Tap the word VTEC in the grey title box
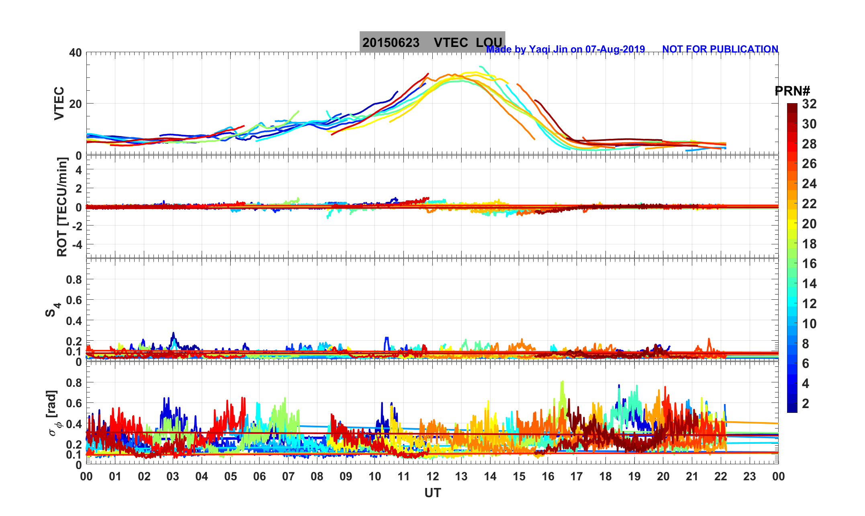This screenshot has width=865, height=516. click(451, 43)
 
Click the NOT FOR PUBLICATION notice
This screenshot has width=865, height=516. click(720, 49)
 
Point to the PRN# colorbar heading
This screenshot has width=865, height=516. click(792, 91)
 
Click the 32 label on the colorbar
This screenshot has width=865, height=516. click(809, 104)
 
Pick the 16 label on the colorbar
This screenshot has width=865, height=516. click(809, 264)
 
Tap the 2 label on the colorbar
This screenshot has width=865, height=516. click(806, 404)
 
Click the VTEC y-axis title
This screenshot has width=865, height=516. click(59, 103)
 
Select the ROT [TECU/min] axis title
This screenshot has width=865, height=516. click(62, 207)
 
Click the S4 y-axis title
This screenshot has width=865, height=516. click(52, 310)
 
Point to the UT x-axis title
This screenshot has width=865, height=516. click(433, 493)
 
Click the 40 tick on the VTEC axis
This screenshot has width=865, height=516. click(75, 53)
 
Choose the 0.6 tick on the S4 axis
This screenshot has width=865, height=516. click(74, 300)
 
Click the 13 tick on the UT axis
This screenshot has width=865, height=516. click(461, 477)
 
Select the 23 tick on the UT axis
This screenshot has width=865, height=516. click(750, 477)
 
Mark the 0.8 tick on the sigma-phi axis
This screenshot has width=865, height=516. click(74, 383)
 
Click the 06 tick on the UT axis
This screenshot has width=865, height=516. click(260, 477)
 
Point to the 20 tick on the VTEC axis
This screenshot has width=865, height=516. click(75, 104)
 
